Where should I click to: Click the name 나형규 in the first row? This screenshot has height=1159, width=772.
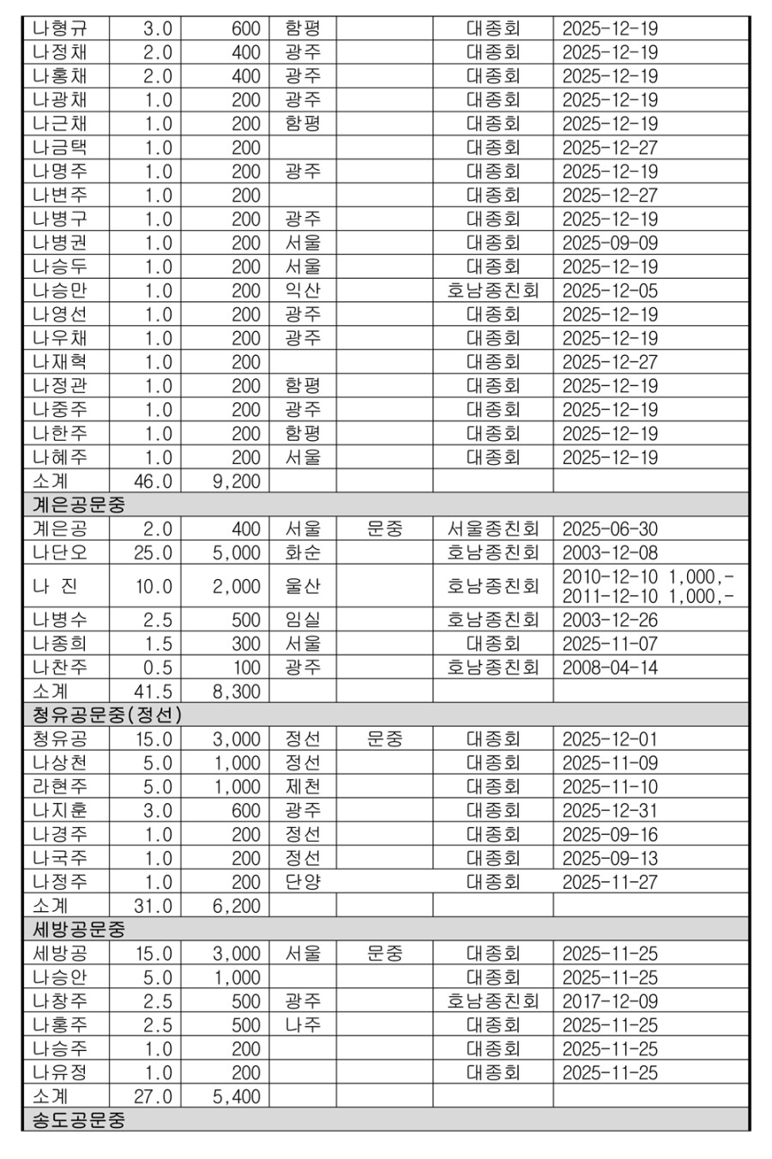pyautogui.click(x=59, y=28)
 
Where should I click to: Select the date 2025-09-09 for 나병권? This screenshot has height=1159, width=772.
pyautogui.click(x=610, y=243)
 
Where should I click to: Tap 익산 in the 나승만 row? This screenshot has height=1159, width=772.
pyautogui.click(x=303, y=291)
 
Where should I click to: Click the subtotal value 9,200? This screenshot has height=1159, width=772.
pyautogui.click(x=236, y=481)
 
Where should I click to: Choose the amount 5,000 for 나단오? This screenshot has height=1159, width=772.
pyautogui.click(x=236, y=552)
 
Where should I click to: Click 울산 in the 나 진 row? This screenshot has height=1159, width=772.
pyautogui.click(x=303, y=587)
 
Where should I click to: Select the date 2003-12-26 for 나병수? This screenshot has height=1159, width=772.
pyautogui.click(x=610, y=619)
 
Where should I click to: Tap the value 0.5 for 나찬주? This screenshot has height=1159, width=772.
pyautogui.click(x=157, y=667)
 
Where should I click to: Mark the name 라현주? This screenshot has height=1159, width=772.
pyautogui.click(x=59, y=787)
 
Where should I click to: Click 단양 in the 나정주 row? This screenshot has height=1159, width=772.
pyautogui.click(x=303, y=882)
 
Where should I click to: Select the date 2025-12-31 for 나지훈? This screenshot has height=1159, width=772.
pyautogui.click(x=610, y=811)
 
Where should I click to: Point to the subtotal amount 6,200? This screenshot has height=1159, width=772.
pyautogui.click(x=236, y=906)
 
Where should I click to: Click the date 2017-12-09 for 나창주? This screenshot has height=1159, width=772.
pyautogui.click(x=610, y=1001)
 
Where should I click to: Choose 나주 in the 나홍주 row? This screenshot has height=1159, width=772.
pyautogui.click(x=303, y=1025)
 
